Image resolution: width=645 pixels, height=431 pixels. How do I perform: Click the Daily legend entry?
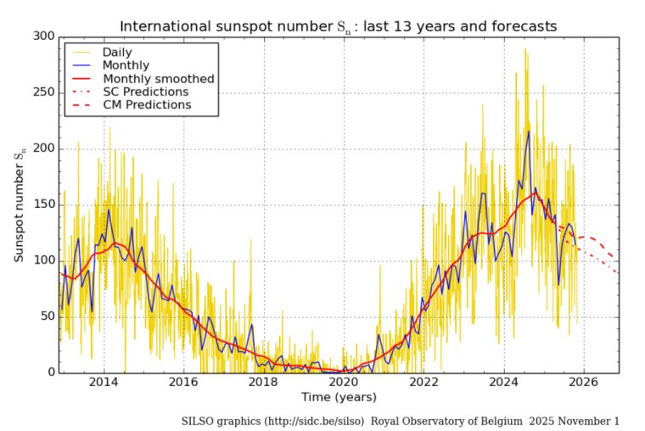120,51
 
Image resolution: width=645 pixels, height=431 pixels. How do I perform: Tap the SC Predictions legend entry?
145,91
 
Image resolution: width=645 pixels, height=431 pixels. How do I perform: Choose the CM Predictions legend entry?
147,104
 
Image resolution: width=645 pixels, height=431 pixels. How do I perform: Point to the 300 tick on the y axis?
42,36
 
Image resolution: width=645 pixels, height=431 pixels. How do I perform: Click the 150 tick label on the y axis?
42,204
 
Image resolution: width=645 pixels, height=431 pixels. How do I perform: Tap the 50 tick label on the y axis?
46,316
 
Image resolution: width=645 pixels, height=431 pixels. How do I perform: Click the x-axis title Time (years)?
339,397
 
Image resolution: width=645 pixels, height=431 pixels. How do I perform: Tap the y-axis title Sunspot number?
19,204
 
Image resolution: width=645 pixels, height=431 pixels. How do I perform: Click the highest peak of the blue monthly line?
528,131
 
